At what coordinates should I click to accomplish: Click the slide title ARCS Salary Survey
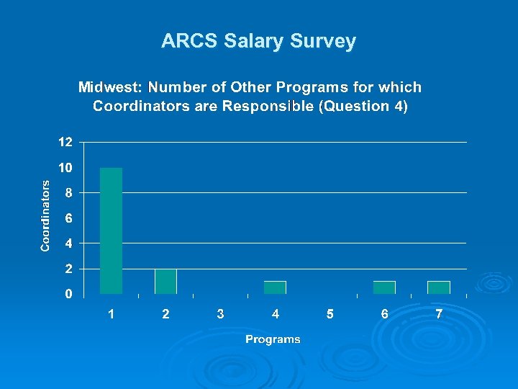258,41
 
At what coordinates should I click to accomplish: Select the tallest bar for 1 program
111,231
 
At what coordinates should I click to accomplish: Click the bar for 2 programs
165,281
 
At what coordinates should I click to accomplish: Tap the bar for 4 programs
275,287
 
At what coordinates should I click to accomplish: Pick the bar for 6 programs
384,287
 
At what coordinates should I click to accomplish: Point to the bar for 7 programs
439,287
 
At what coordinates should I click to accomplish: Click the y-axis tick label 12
65,142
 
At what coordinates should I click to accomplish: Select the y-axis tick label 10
65,168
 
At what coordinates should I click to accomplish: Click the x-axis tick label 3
220,314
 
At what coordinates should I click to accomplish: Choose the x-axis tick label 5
330,314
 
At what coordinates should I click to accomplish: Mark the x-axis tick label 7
439,314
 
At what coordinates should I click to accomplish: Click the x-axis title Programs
273,339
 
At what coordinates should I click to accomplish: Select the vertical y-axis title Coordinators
45,215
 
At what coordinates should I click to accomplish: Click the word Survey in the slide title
323,41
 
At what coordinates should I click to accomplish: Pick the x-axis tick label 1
111,314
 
